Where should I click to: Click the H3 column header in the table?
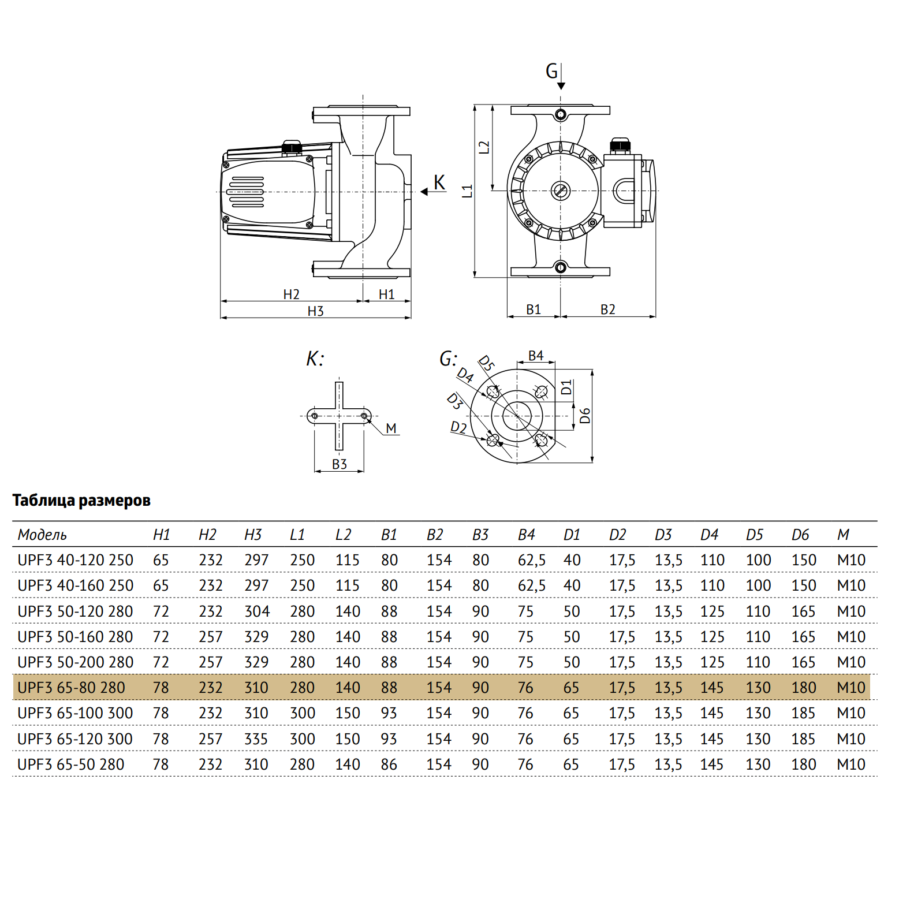pyautogui.click(x=253, y=535)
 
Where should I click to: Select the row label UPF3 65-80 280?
pyautogui.click(x=71, y=688)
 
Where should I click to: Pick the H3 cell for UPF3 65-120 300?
pyautogui.click(x=256, y=739)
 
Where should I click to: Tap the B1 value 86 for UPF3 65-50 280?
pyautogui.click(x=389, y=764)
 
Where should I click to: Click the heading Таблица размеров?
pyautogui.click(x=81, y=500)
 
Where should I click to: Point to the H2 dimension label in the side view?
pyautogui.click(x=291, y=294)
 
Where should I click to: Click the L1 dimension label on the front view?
pyautogui.click(x=468, y=191)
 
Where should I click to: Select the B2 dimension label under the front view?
pyautogui.click(x=607, y=309)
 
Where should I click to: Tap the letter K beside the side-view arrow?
pyautogui.click(x=439, y=182)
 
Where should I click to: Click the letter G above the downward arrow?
pyautogui.click(x=551, y=72)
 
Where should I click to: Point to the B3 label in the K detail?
pyautogui.click(x=340, y=464)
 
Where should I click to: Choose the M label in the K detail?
pyautogui.click(x=391, y=428)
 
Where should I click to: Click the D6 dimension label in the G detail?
pyautogui.click(x=585, y=416)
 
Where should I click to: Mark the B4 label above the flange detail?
pyautogui.click(x=536, y=356)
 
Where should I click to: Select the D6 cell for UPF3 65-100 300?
pyautogui.click(x=803, y=713)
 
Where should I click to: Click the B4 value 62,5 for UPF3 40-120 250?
pyautogui.click(x=531, y=560)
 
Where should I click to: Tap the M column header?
pyautogui.click(x=843, y=535)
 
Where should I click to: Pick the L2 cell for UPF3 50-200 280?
pyautogui.click(x=348, y=662)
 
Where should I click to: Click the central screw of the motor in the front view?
pyautogui.click(x=560, y=190)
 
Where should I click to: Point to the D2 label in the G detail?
pyautogui.click(x=458, y=427)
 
